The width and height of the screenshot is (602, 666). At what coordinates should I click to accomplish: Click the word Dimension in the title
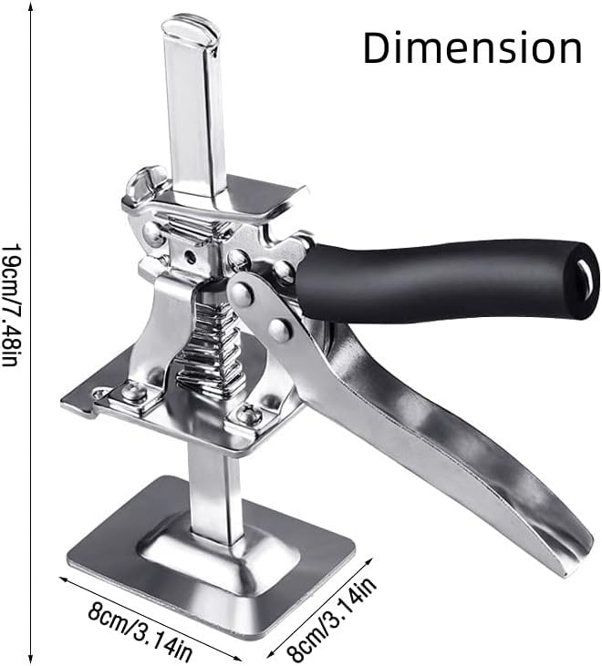[x=472, y=46]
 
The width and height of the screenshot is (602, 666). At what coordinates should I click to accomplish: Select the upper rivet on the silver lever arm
[x=242, y=292]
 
